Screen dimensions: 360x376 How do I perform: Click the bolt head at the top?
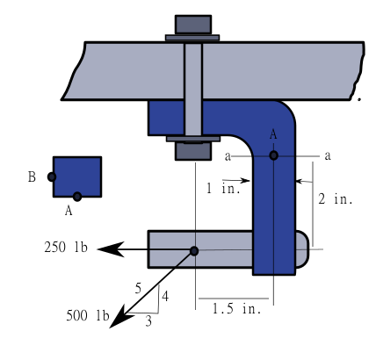193,24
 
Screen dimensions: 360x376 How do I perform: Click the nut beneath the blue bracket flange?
193,150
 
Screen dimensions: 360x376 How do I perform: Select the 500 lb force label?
87,316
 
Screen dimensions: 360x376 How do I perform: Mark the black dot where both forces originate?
194,251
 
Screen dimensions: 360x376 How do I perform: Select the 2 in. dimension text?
336,199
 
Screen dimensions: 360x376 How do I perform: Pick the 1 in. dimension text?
216,189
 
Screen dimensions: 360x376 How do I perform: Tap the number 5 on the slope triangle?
137,287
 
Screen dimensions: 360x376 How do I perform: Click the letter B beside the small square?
32,177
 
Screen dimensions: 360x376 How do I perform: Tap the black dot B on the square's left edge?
53,176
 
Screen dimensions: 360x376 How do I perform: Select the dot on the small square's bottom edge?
77,197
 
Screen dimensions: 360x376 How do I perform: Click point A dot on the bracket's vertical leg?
274,155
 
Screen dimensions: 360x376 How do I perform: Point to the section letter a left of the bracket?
228,156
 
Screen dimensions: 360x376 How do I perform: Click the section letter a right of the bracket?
328,155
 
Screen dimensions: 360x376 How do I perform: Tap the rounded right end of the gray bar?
303,248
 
